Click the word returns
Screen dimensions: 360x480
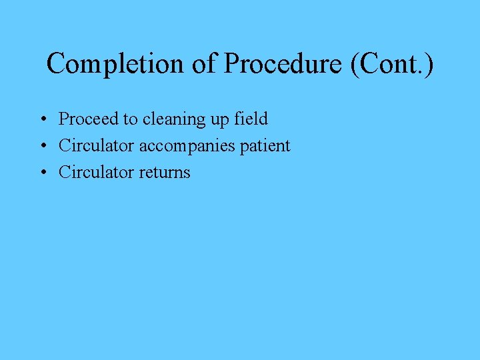coord(165,173)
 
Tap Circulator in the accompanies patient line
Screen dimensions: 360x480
coord(96,145)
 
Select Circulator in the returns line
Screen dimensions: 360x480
coord(96,172)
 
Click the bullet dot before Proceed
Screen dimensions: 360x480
coord(42,120)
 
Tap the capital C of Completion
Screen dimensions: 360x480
coord(56,64)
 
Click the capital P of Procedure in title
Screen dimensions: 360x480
coord(233,64)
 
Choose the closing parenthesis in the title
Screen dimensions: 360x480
coord(428,65)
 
